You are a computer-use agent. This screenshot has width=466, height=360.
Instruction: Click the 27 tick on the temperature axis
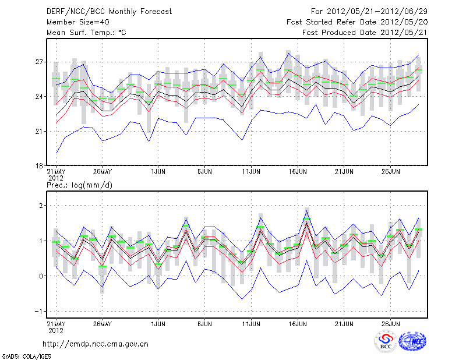pyautogui.click(x=40, y=62)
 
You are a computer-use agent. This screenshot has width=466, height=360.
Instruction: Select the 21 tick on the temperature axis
pyautogui.click(x=40, y=131)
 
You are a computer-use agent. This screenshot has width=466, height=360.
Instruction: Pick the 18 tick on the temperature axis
pyautogui.click(x=40, y=165)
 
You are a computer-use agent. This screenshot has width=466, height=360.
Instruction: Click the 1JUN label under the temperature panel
pyautogui.click(x=157, y=172)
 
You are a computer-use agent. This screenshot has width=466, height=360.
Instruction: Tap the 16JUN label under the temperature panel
pyautogui.click(x=298, y=172)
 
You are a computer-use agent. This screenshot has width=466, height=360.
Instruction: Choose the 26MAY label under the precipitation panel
pyautogui.click(x=102, y=323)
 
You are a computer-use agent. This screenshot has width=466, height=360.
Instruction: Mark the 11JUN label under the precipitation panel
pyautogui.click(x=251, y=323)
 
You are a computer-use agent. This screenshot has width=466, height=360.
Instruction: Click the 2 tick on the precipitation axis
pyautogui.click(x=41, y=206)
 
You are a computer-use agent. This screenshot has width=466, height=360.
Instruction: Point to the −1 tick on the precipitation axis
pyautogui.click(x=39, y=311)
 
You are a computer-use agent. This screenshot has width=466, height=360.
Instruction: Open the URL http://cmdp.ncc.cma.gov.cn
pyautogui.click(x=96, y=344)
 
